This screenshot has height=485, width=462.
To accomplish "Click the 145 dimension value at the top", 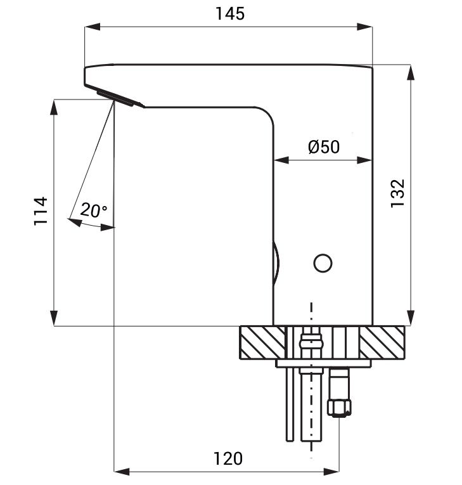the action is [x=230, y=14].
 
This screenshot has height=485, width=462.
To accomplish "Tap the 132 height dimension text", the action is [x=397, y=193].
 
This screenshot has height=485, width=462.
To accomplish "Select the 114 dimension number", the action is [x=41, y=210].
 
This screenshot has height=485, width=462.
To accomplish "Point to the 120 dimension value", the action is [x=228, y=458].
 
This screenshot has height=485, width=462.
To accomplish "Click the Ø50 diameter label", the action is [x=324, y=146].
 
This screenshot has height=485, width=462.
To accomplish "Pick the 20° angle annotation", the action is [x=94, y=210].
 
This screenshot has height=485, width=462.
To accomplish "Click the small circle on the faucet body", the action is [x=323, y=263].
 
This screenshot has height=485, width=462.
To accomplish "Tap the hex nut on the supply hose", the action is [x=339, y=408].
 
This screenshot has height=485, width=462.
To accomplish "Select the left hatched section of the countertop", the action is [x=263, y=342].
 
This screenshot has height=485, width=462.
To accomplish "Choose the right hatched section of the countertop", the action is [x=382, y=342].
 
